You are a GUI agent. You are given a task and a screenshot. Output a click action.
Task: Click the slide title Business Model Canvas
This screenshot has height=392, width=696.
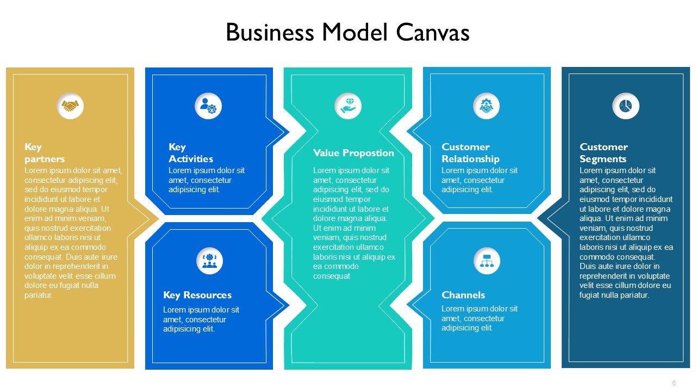[x=347, y=32]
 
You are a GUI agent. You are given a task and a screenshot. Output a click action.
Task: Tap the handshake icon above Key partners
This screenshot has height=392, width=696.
[x=70, y=106]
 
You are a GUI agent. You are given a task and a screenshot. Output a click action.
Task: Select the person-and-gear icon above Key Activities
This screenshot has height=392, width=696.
[x=208, y=106]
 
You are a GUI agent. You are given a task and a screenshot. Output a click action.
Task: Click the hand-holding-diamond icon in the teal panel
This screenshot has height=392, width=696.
[x=348, y=106]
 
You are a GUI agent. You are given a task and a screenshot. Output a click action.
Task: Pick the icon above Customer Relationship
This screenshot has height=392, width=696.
[x=486, y=106]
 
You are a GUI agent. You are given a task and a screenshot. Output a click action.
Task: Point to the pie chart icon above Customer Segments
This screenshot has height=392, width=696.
[x=625, y=106]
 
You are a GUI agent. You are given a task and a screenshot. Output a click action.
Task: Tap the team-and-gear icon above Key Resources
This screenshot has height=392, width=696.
[x=209, y=261]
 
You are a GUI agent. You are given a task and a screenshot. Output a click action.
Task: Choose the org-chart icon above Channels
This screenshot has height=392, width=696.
[x=487, y=261]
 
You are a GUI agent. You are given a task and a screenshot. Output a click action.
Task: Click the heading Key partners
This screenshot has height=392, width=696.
[x=45, y=153]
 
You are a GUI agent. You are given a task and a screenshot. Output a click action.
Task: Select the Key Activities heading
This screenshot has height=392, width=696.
[x=191, y=153]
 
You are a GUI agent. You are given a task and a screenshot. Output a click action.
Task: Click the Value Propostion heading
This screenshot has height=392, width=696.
[x=353, y=153]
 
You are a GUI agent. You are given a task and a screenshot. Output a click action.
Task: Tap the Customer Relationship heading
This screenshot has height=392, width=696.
[x=470, y=153]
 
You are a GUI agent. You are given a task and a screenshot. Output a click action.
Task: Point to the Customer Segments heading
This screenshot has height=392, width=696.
[x=604, y=153]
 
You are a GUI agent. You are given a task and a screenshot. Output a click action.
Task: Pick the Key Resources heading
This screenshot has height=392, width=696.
[x=197, y=295]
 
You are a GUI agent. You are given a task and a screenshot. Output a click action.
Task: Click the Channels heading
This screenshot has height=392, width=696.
[x=463, y=295]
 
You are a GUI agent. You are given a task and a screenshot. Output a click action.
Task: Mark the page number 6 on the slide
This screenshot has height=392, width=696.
[x=674, y=383]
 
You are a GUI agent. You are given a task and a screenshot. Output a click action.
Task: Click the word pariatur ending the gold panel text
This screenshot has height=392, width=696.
[x=39, y=295]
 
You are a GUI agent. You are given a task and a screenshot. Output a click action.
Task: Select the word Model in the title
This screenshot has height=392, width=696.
[x=355, y=32]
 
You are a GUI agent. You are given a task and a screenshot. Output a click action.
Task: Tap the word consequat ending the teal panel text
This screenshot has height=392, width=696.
[x=332, y=276]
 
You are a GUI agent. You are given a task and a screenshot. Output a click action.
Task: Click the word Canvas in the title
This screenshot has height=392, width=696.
[x=432, y=32]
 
